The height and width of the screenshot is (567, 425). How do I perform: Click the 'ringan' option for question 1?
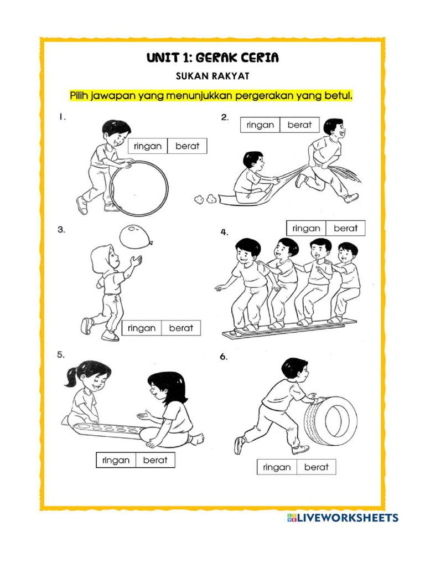tap(148, 146)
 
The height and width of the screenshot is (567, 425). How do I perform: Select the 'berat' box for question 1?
tap(187, 146)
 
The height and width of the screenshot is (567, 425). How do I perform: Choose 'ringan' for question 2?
tap(260, 125)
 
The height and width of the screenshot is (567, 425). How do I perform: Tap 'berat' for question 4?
tap(345, 228)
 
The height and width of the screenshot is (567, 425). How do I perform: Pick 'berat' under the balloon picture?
tap(181, 328)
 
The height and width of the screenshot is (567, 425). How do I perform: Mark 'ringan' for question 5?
tap(116, 460)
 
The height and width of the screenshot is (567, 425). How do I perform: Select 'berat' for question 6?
tap(316, 467)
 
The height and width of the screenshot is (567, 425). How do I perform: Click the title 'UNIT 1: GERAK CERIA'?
tap(212, 58)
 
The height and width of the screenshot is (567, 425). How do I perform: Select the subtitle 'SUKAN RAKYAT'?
tap(212, 76)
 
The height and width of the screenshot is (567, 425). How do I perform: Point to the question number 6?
tap(224, 357)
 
